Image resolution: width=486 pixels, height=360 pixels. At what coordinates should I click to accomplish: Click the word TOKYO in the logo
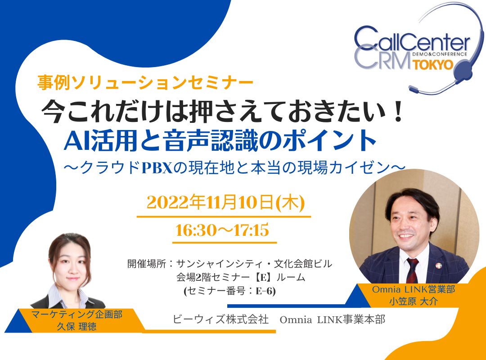coord(433,64)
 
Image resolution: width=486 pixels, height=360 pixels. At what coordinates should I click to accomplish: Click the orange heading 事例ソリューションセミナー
coord(145,82)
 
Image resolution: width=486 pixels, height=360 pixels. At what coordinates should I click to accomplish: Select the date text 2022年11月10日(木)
coord(225,202)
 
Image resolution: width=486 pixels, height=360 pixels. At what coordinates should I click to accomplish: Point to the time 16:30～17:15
coord(222,230)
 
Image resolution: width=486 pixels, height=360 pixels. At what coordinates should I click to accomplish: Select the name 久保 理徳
coord(76,326)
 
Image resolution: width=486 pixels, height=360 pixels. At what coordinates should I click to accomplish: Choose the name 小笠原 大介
coord(414,301)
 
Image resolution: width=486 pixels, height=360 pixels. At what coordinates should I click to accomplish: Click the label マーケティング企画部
coord(77,314)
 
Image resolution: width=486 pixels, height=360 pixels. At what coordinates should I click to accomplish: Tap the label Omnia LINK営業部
coord(414,289)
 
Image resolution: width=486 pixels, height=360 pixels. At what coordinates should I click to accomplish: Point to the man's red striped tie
coord(412,270)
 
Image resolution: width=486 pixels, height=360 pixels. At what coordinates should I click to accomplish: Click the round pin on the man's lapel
coord(439,265)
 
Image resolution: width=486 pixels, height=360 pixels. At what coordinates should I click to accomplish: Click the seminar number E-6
coord(265,291)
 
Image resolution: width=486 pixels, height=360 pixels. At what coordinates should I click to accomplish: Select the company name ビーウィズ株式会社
coord(220,319)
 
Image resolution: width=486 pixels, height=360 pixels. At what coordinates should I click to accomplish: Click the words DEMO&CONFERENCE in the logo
coord(440,54)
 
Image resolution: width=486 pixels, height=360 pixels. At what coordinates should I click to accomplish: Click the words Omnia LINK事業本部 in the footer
coord(332,319)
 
